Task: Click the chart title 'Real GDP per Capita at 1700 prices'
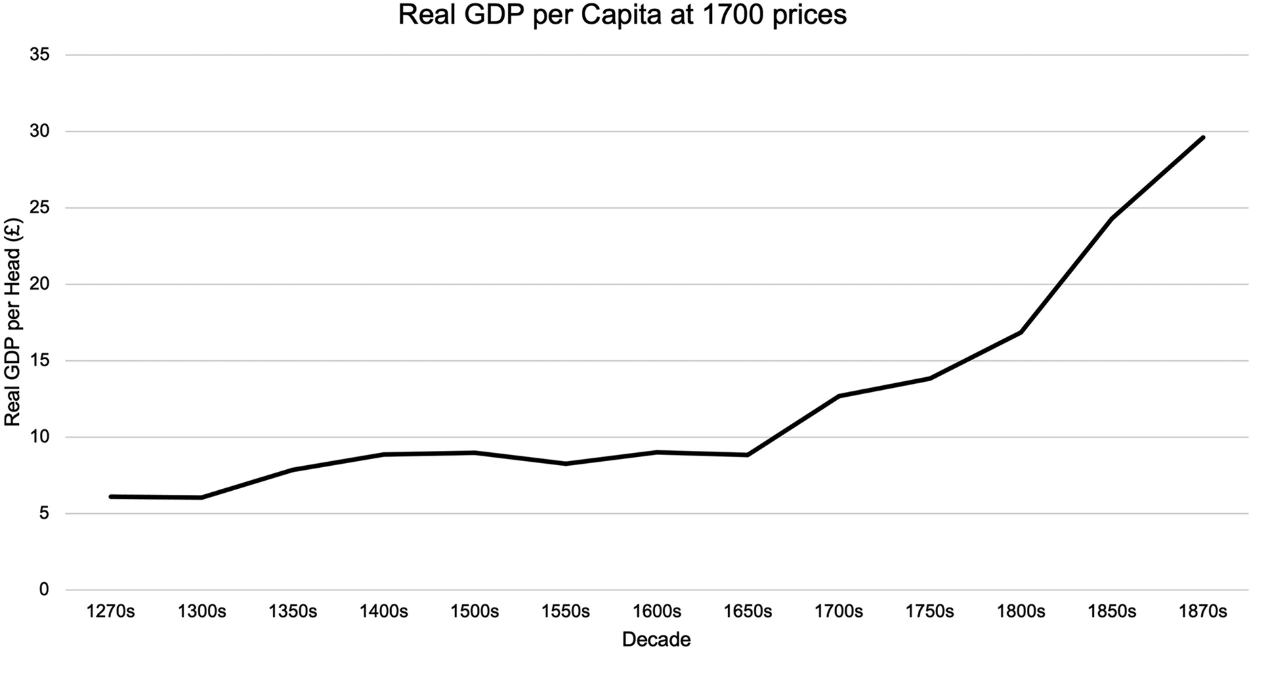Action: pyautogui.click(x=622, y=15)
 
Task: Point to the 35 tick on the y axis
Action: pyautogui.click(x=40, y=55)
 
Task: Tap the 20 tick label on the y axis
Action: pyautogui.click(x=40, y=284)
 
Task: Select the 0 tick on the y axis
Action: pyautogui.click(x=45, y=590)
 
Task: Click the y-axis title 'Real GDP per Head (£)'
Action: pyautogui.click(x=12, y=322)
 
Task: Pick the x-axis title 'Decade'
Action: pyautogui.click(x=656, y=640)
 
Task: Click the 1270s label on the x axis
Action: pyautogui.click(x=110, y=612)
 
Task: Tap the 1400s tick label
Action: pyautogui.click(x=383, y=612)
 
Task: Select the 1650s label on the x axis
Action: pyautogui.click(x=748, y=612)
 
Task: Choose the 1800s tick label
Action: pyautogui.click(x=1021, y=612)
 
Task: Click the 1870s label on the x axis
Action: pyautogui.click(x=1203, y=612)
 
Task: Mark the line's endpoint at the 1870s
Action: pyautogui.click(x=1203, y=137)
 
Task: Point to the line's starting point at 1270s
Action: pyautogui.click(x=110, y=496)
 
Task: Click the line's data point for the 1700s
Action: pyautogui.click(x=839, y=396)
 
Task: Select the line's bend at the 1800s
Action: pyautogui.click(x=1021, y=332)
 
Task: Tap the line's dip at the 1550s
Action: pyautogui.click(x=566, y=464)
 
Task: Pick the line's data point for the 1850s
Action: pyautogui.click(x=1112, y=218)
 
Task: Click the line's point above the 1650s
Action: pyautogui.click(x=748, y=455)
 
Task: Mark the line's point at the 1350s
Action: pyautogui.click(x=293, y=470)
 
